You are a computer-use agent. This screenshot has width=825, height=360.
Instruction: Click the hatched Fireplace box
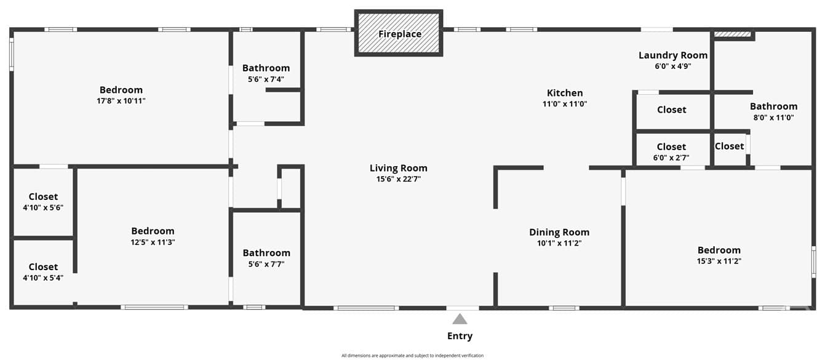click(x=399, y=33)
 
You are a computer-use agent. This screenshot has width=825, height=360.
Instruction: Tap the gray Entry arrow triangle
click(x=460, y=319)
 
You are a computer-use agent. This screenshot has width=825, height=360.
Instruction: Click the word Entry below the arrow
click(x=460, y=335)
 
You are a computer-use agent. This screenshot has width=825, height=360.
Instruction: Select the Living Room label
click(x=399, y=168)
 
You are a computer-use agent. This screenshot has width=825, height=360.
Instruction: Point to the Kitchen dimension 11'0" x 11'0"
click(x=565, y=104)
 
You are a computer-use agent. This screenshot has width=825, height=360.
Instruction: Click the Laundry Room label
click(x=673, y=55)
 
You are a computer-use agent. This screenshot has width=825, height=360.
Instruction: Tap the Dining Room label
click(x=559, y=232)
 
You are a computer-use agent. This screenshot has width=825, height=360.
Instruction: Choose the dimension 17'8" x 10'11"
click(x=121, y=101)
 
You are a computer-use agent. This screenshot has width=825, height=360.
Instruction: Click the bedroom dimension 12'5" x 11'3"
click(x=153, y=242)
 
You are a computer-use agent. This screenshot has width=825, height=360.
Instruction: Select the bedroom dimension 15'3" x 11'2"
click(x=719, y=262)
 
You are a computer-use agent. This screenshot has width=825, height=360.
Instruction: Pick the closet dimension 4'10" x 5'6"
click(x=43, y=207)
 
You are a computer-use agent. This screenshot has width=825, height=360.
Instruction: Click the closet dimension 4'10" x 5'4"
click(x=43, y=278)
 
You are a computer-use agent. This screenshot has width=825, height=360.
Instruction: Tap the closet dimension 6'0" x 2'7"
click(x=671, y=158)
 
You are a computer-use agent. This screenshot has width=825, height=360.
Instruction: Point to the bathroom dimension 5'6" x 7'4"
click(x=266, y=79)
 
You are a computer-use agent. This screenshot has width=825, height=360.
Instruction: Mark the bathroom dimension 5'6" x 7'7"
click(x=266, y=264)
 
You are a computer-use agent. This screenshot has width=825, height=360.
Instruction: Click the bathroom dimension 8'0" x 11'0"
click(x=773, y=118)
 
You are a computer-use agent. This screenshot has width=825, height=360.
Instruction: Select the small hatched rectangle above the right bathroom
click(x=732, y=34)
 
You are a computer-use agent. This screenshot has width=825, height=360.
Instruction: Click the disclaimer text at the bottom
click(x=412, y=356)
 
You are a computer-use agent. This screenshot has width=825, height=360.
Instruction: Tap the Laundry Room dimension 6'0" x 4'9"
click(x=673, y=66)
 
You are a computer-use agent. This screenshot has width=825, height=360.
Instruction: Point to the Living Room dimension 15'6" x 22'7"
click(x=399, y=179)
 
